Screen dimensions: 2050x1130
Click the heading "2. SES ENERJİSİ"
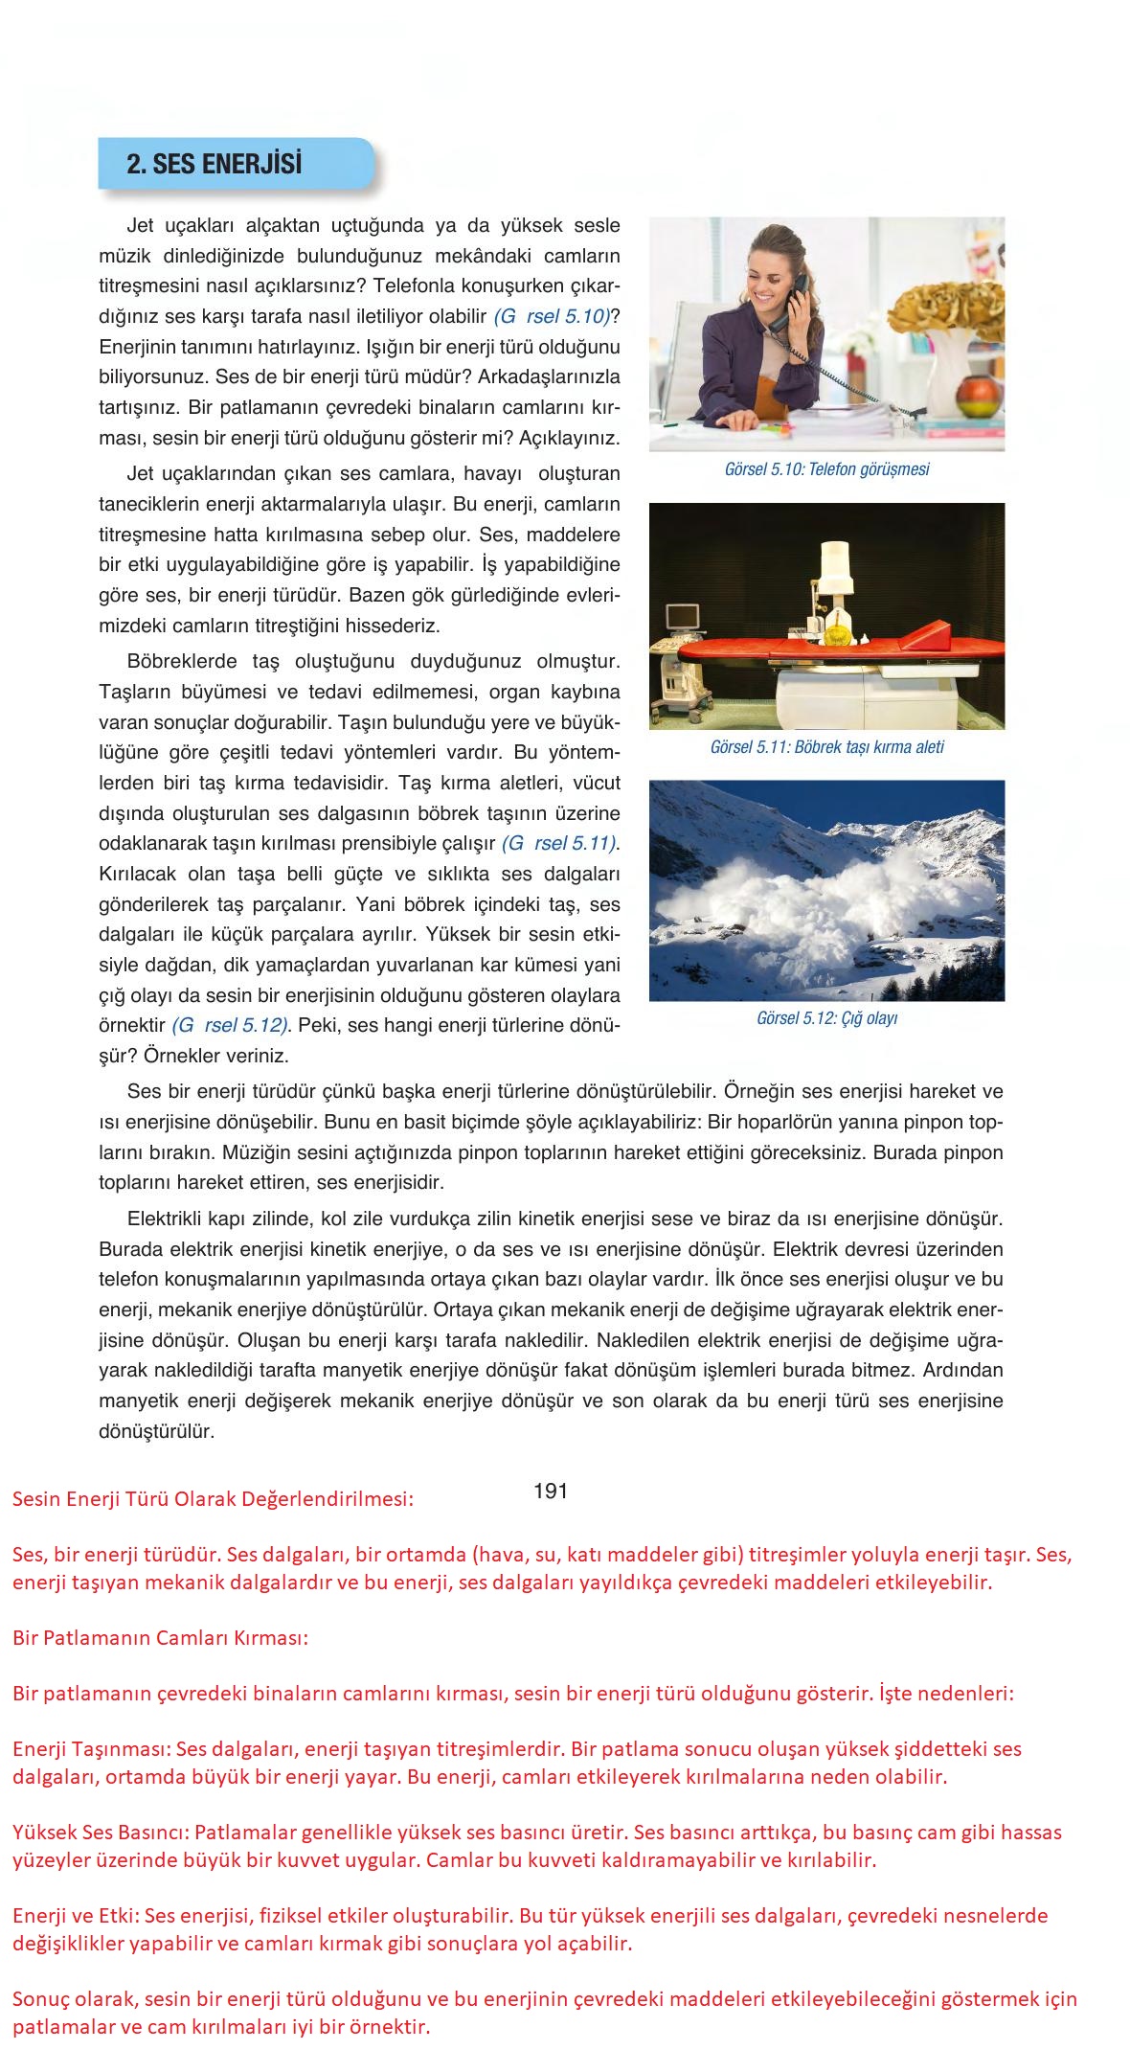click(x=214, y=164)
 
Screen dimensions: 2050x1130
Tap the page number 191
click(x=551, y=1491)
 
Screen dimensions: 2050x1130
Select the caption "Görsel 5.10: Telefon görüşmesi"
click(x=826, y=469)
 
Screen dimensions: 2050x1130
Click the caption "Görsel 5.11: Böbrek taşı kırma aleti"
click(x=826, y=747)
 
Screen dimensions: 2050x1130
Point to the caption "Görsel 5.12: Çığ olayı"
click(x=826, y=1018)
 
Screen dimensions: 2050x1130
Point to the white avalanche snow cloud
click(x=795, y=905)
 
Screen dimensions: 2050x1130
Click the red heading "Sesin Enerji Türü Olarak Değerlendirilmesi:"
click(x=213, y=1499)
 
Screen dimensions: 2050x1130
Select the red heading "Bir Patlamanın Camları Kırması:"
click(x=161, y=1637)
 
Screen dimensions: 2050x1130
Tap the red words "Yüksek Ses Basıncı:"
click(x=102, y=1833)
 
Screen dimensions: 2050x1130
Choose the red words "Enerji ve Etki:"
click(x=76, y=1916)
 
